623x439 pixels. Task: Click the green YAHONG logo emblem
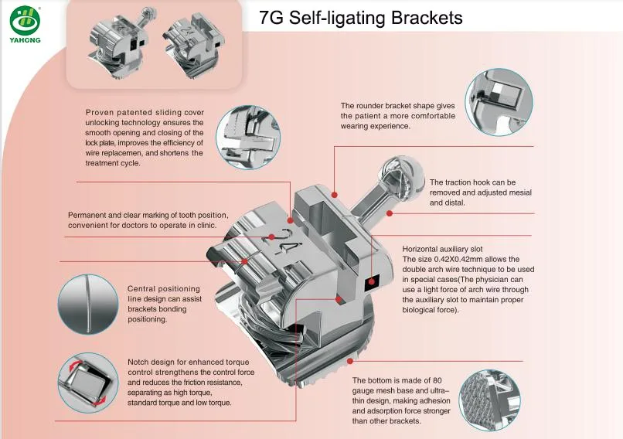pos(26,16)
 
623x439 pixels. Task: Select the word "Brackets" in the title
pos(423,17)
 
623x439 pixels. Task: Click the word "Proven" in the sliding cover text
pos(100,113)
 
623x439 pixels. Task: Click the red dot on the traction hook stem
pos(390,212)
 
